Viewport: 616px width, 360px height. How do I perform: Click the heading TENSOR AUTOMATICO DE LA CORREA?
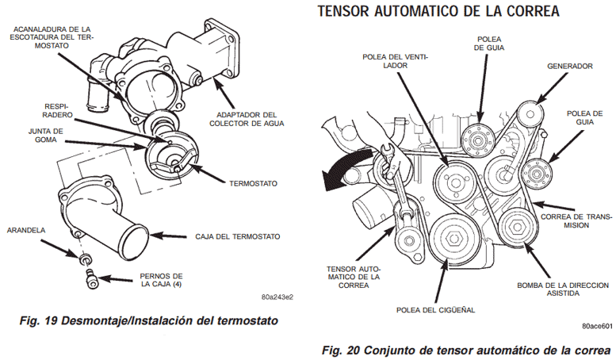coord(438,12)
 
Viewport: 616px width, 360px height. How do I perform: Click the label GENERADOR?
coord(569,66)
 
